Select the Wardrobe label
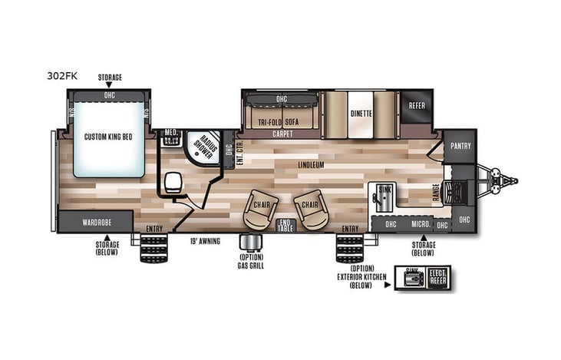(x=96, y=222)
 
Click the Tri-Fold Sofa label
(x=279, y=121)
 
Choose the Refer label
(x=417, y=106)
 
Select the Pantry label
(x=460, y=145)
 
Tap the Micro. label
(x=419, y=223)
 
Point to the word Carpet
(x=282, y=134)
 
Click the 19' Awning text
(x=205, y=241)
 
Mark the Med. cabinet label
(x=171, y=134)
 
